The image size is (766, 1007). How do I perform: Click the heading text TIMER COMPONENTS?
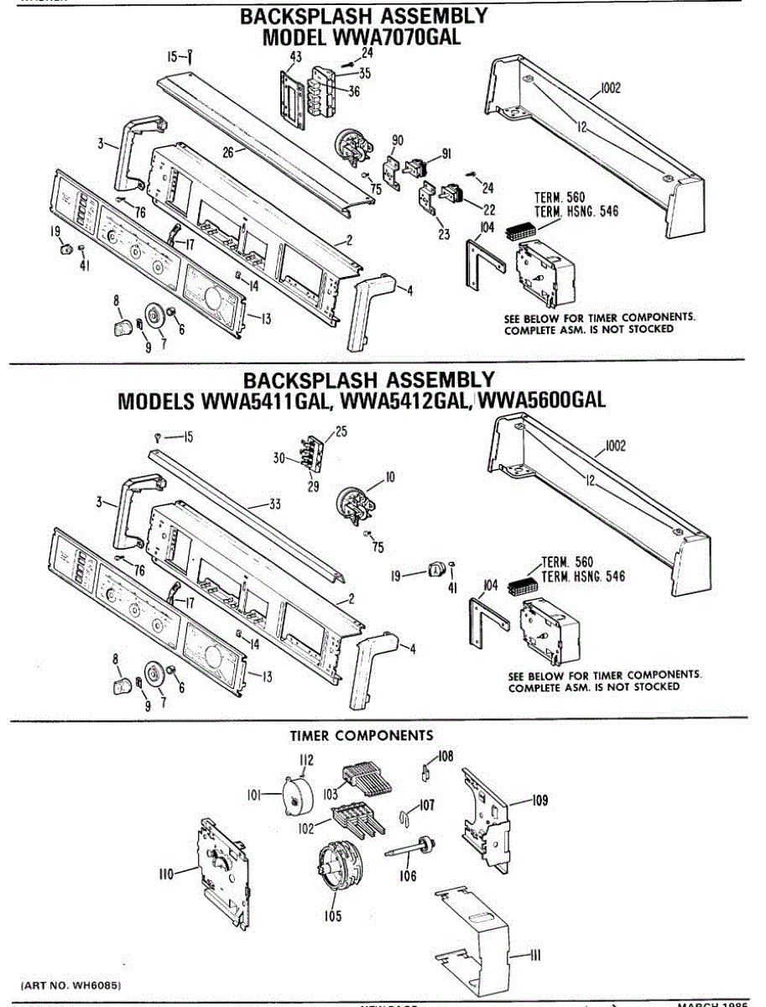coord(362,736)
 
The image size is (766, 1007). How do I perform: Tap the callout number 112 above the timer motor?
coord(305,760)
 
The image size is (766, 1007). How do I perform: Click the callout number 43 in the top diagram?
coord(294,56)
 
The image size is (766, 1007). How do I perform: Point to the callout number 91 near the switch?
coord(446,154)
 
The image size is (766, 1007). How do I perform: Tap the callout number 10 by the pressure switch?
coord(389,477)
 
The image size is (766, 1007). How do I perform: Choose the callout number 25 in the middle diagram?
coord(340,431)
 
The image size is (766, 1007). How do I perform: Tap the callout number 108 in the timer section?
coord(445,756)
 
